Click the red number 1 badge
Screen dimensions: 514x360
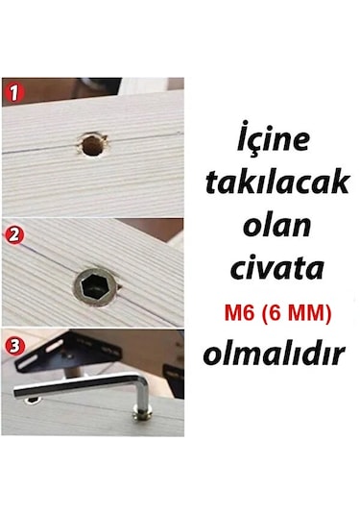coord(14,94)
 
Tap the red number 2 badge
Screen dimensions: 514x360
coord(14,233)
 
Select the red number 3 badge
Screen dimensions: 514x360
coord(14,343)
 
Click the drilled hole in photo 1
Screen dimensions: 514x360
coord(89,147)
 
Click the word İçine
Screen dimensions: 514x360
coord(274,140)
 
